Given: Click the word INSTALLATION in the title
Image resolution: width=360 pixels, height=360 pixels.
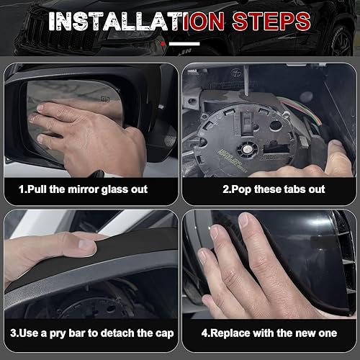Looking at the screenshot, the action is pos(136,21).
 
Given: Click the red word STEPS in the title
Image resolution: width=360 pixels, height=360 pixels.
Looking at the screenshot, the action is pos(271,21).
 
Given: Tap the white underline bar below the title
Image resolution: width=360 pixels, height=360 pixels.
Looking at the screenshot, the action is pos(184,44).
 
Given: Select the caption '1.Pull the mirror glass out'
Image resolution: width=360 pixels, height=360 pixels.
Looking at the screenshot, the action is pos(83,189).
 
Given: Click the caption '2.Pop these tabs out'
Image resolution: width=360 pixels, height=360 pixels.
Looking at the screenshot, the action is pos(274,189).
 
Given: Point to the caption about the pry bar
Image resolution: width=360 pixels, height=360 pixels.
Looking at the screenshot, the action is pos(92,333).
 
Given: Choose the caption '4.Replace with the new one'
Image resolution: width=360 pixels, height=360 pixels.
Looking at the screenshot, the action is pos(269,333).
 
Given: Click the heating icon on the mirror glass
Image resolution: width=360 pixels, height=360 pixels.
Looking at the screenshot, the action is pos(105,99).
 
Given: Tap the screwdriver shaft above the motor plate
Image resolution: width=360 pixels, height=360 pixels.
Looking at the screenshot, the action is pos(246,81).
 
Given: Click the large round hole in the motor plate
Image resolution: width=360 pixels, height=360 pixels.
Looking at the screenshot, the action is pos(275,125).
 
